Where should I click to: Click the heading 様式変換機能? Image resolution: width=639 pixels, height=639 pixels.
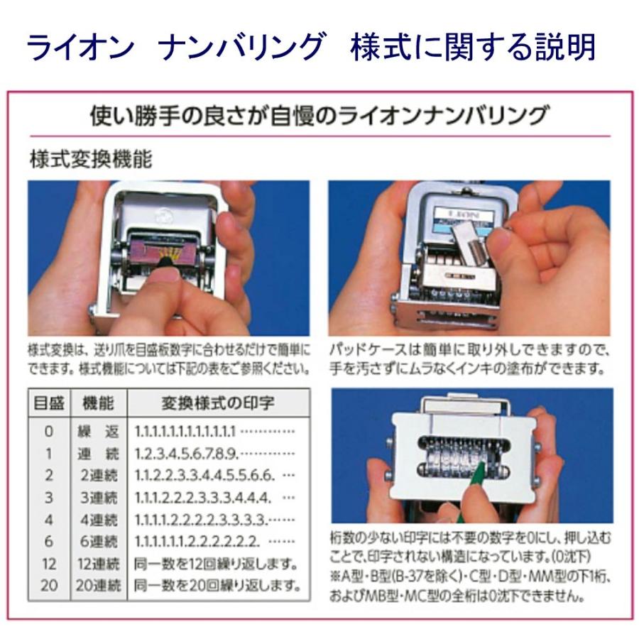[91, 160]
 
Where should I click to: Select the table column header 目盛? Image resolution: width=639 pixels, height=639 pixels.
[49, 403]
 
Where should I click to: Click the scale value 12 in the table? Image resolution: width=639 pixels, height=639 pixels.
[48, 565]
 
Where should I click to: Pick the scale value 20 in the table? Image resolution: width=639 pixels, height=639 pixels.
[48, 586]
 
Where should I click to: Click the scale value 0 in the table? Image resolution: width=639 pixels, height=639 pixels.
[48, 431]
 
